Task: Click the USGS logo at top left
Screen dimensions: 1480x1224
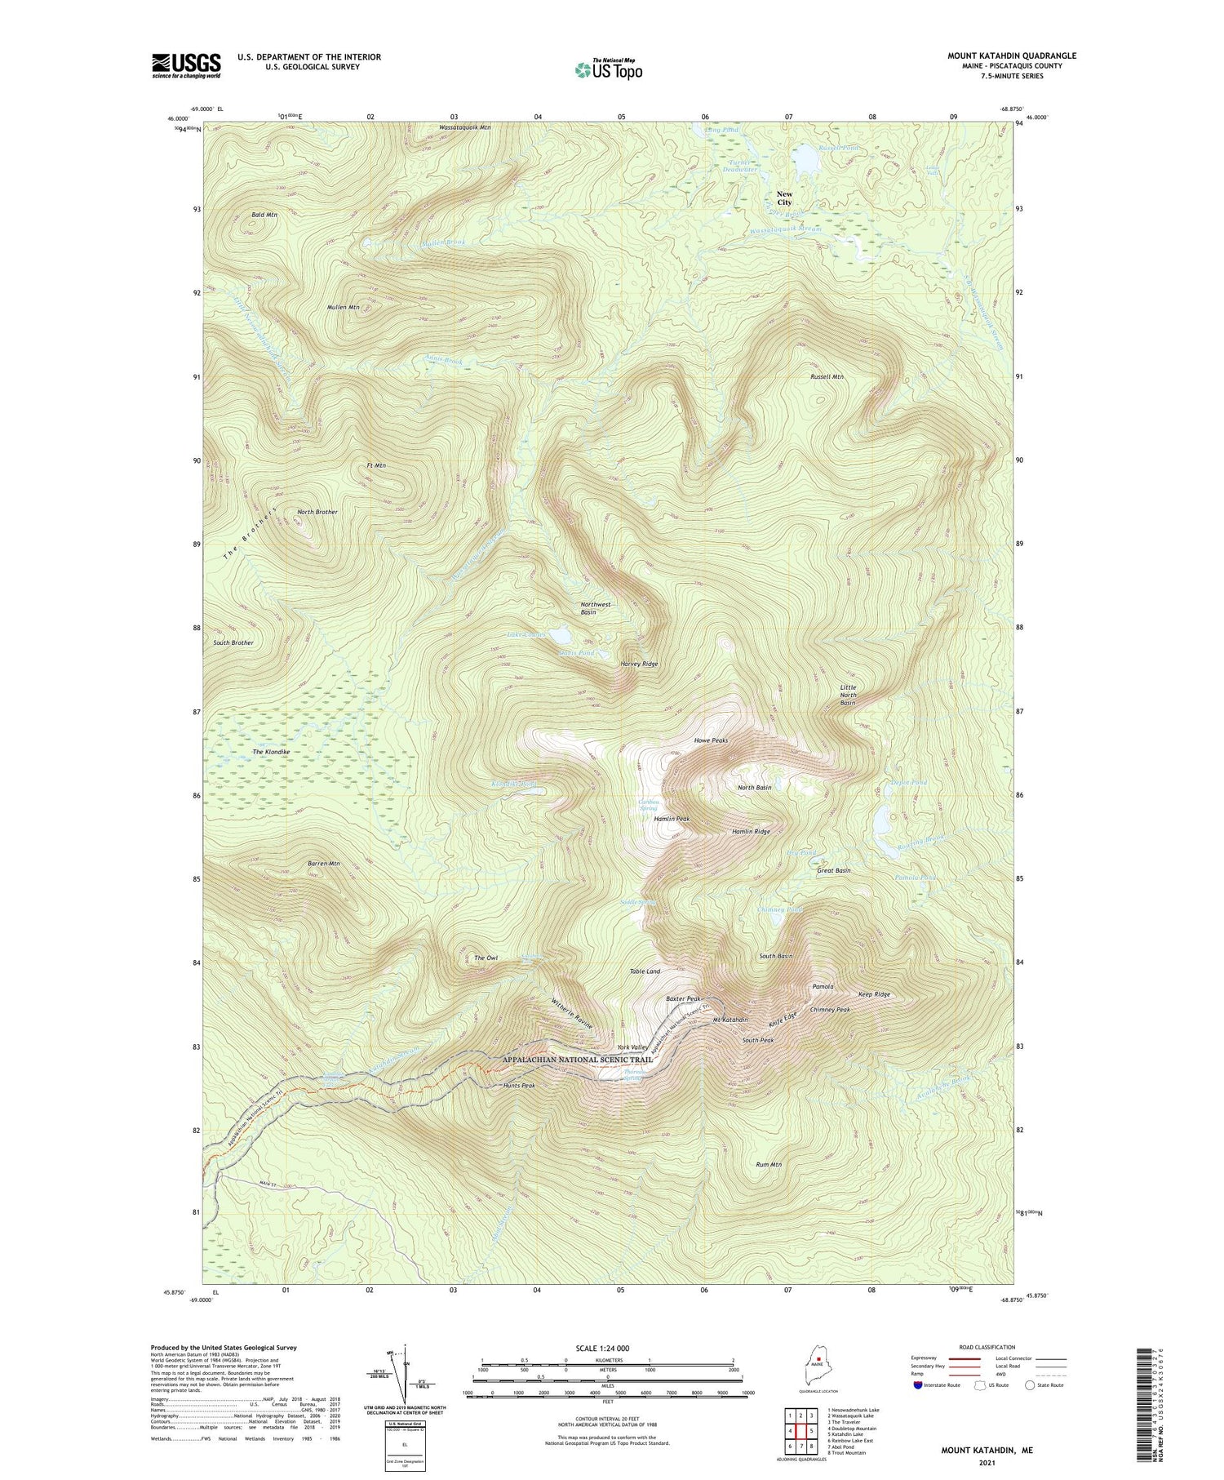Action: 186,65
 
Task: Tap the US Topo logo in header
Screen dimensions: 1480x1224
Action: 608,69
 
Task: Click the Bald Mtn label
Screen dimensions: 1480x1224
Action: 264,215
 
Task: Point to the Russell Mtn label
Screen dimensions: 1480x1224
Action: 827,377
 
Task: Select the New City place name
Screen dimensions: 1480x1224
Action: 784,198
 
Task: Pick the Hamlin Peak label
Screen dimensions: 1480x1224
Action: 672,819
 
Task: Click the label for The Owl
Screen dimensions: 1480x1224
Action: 486,958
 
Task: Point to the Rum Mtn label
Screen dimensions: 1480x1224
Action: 769,1165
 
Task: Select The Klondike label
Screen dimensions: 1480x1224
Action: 271,752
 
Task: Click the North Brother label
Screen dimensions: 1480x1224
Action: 317,512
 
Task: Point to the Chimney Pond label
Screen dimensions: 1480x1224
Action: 780,909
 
